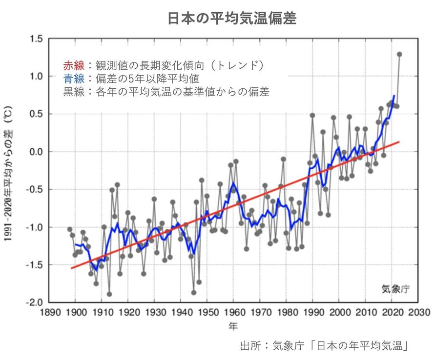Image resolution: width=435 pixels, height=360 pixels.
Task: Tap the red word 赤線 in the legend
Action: click(x=74, y=65)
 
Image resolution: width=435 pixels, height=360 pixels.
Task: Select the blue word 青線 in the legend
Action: click(x=74, y=78)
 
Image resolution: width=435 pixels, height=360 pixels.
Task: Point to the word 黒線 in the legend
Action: click(x=74, y=91)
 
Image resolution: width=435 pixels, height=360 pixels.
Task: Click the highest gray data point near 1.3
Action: click(x=399, y=54)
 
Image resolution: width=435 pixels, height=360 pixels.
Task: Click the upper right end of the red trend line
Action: click(x=399, y=142)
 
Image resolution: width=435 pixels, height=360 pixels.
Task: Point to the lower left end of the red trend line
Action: click(x=72, y=268)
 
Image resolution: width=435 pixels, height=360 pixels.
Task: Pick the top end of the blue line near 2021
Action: click(x=394, y=96)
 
